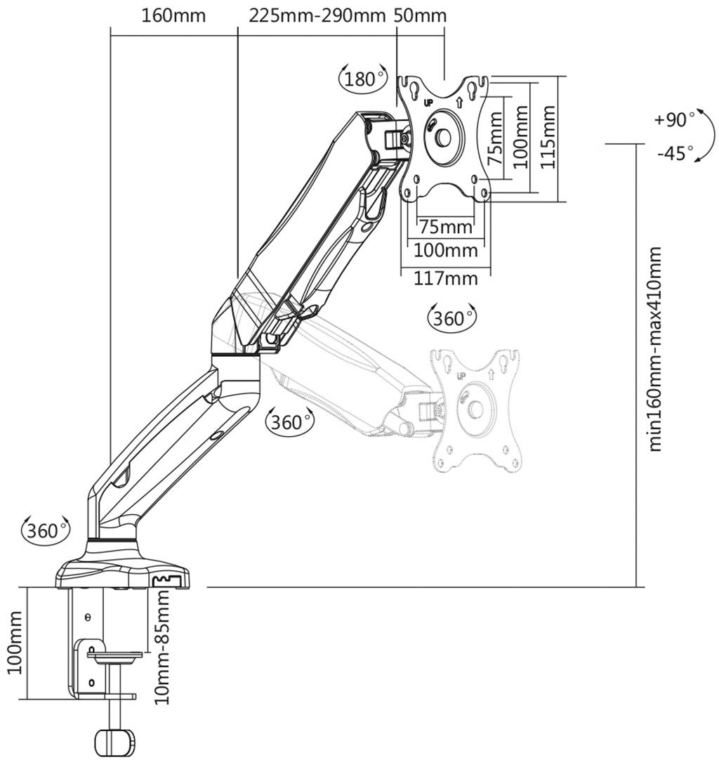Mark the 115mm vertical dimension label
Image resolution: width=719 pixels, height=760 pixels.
coord(548,136)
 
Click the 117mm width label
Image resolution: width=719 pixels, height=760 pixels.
coord(445,278)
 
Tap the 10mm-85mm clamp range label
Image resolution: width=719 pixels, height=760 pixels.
coord(162,647)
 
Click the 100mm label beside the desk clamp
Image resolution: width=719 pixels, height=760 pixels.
coord(15,643)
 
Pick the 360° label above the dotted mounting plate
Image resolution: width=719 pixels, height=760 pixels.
coord(450,318)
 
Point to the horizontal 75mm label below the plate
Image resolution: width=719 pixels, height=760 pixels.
coord(445,227)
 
